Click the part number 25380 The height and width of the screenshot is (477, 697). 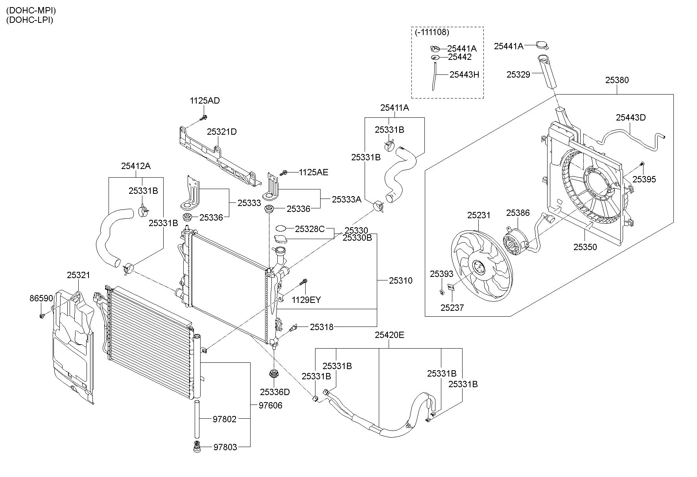(617, 80)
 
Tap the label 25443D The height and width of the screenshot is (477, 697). (631, 117)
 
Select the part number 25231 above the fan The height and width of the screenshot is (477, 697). (479, 215)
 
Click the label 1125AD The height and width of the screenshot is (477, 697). (205, 100)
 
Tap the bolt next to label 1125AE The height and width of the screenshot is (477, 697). (284, 173)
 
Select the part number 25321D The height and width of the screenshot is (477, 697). (222, 132)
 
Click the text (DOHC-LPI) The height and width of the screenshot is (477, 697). (30, 20)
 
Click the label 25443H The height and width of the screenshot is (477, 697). (464, 74)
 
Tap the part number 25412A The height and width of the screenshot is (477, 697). (136, 166)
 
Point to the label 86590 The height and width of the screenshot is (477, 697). (41, 298)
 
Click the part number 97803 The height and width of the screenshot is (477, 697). (225, 447)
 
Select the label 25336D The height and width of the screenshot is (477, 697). (275, 392)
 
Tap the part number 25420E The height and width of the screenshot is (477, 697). (389, 335)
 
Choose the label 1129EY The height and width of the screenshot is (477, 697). (306, 300)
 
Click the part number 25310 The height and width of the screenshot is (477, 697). (400, 280)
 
